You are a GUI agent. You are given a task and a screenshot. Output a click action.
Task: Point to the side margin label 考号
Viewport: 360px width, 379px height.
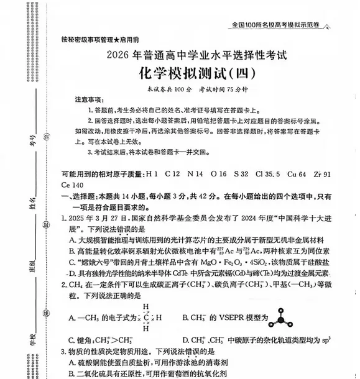coord(32,139)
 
